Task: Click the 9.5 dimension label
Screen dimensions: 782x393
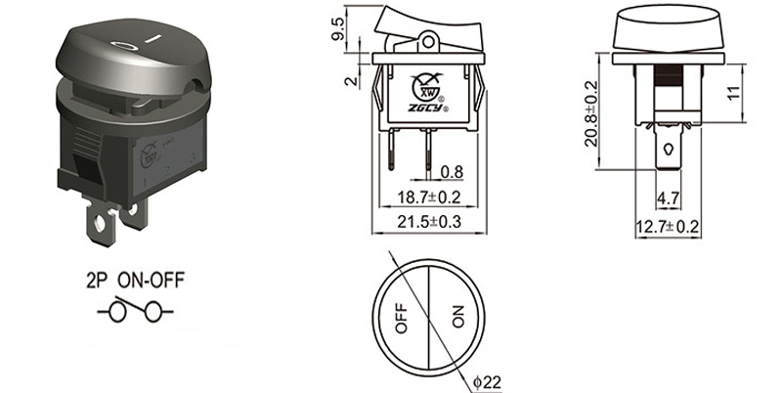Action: pos(338,29)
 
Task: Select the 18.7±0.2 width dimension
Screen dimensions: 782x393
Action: pos(428,197)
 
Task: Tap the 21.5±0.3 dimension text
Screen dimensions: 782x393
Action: pos(428,222)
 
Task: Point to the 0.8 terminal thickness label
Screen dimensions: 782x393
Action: pos(452,172)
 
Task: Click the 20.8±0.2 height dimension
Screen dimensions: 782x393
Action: pos(591,113)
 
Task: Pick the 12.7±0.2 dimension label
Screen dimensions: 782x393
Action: pos(668,228)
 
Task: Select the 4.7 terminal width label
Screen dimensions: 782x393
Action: pos(668,198)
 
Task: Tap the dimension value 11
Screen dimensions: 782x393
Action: pos(733,93)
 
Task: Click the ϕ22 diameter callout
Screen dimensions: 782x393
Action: pos(487,382)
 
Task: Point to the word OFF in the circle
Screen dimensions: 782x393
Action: pos(402,318)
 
